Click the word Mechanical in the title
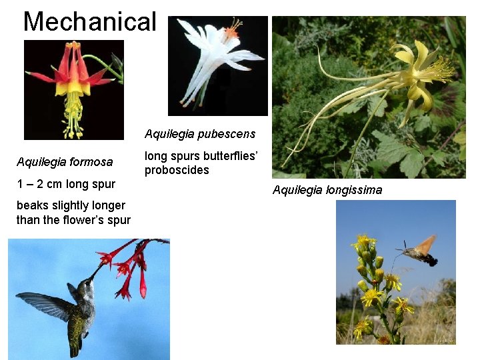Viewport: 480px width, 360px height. [89, 21]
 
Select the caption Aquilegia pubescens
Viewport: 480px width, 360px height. [199, 134]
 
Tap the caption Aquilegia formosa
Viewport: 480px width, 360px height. [65, 162]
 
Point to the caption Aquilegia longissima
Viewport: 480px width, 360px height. [327, 190]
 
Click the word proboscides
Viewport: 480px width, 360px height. [177, 170]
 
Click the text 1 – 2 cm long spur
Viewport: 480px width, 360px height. [66, 184]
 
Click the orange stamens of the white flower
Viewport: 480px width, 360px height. [232, 29]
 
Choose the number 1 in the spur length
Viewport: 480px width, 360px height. [20, 184]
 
